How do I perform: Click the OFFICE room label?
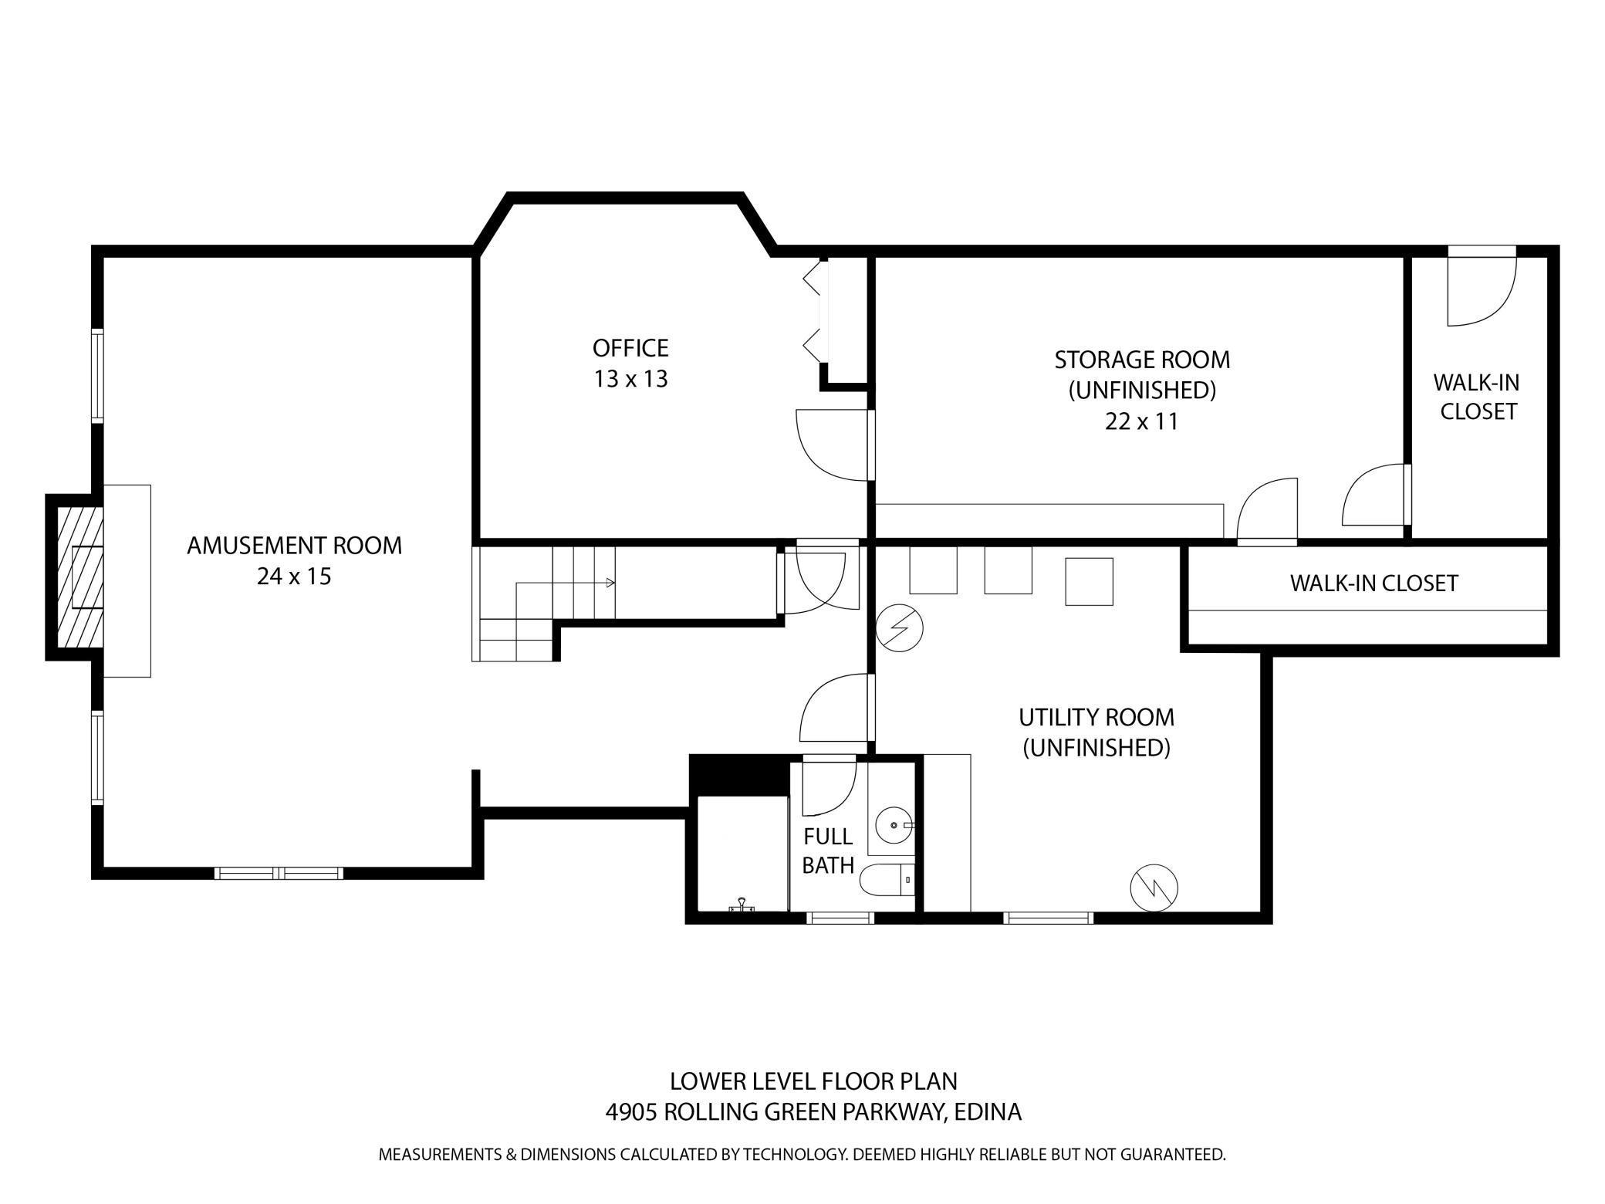(x=630, y=348)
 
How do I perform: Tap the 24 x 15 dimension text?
(x=293, y=577)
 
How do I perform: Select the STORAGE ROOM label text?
(x=1141, y=360)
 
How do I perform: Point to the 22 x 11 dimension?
(x=1141, y=422)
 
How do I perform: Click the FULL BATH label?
(x=827, y=851)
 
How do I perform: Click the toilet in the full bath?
(x=884, y=879)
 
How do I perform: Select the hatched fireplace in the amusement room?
(x=79, y=577)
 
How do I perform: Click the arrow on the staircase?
(x=610, y=583)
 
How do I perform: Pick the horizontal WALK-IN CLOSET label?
(x=1374, y=583)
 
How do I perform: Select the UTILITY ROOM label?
(x=1096, y=718)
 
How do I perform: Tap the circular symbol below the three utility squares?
(x=900, y=628)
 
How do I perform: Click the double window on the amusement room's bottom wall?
(x=279, y=873)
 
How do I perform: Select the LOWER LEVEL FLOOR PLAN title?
(x=813, y=1081)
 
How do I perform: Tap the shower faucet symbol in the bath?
(x=742, y=904)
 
